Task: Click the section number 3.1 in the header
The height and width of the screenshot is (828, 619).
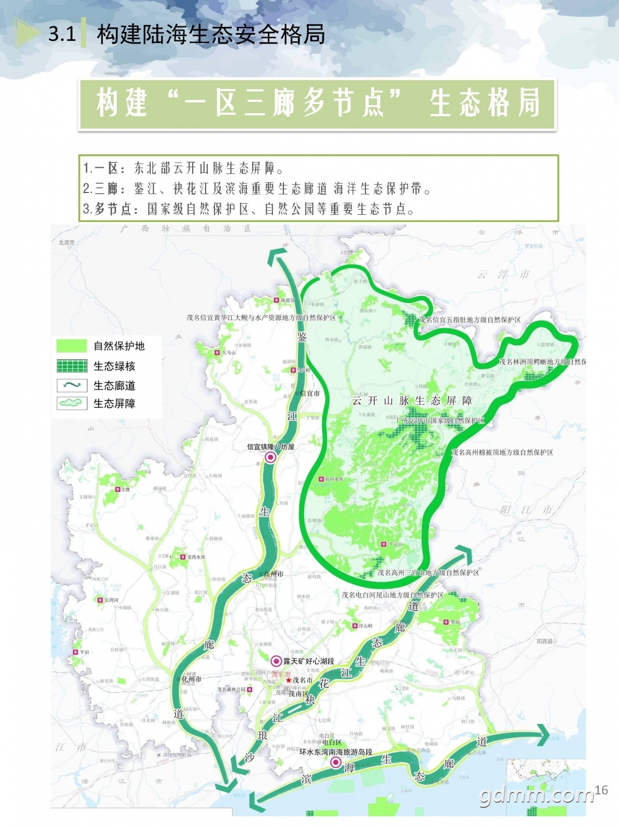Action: pos(62,34)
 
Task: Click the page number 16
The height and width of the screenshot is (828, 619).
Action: pos(601,790)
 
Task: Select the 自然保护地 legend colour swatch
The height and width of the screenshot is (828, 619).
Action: pos(71,346)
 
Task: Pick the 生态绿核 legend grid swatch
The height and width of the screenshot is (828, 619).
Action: pos(71,366)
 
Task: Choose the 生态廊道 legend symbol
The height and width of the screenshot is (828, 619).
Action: pos(71,385)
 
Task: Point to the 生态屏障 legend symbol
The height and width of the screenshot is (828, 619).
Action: pos(71,403)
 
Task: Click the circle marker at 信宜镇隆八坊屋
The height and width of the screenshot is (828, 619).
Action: pos(270,457)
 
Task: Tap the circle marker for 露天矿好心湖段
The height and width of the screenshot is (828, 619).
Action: pos(277,661)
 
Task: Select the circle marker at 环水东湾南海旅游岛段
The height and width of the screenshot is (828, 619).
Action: pos(336,762)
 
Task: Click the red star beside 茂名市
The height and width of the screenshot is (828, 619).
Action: pos(289,680)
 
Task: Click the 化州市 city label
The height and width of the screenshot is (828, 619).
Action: pos(192,679)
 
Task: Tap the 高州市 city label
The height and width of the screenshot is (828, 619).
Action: pos(273,574)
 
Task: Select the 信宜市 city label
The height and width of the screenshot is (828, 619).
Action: pos(310,393)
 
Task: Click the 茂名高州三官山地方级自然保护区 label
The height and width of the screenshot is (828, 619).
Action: pos(428,572)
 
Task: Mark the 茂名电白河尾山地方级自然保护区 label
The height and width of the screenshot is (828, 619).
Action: pos(393,595)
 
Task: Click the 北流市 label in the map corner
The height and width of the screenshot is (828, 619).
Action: pos(66,242)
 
